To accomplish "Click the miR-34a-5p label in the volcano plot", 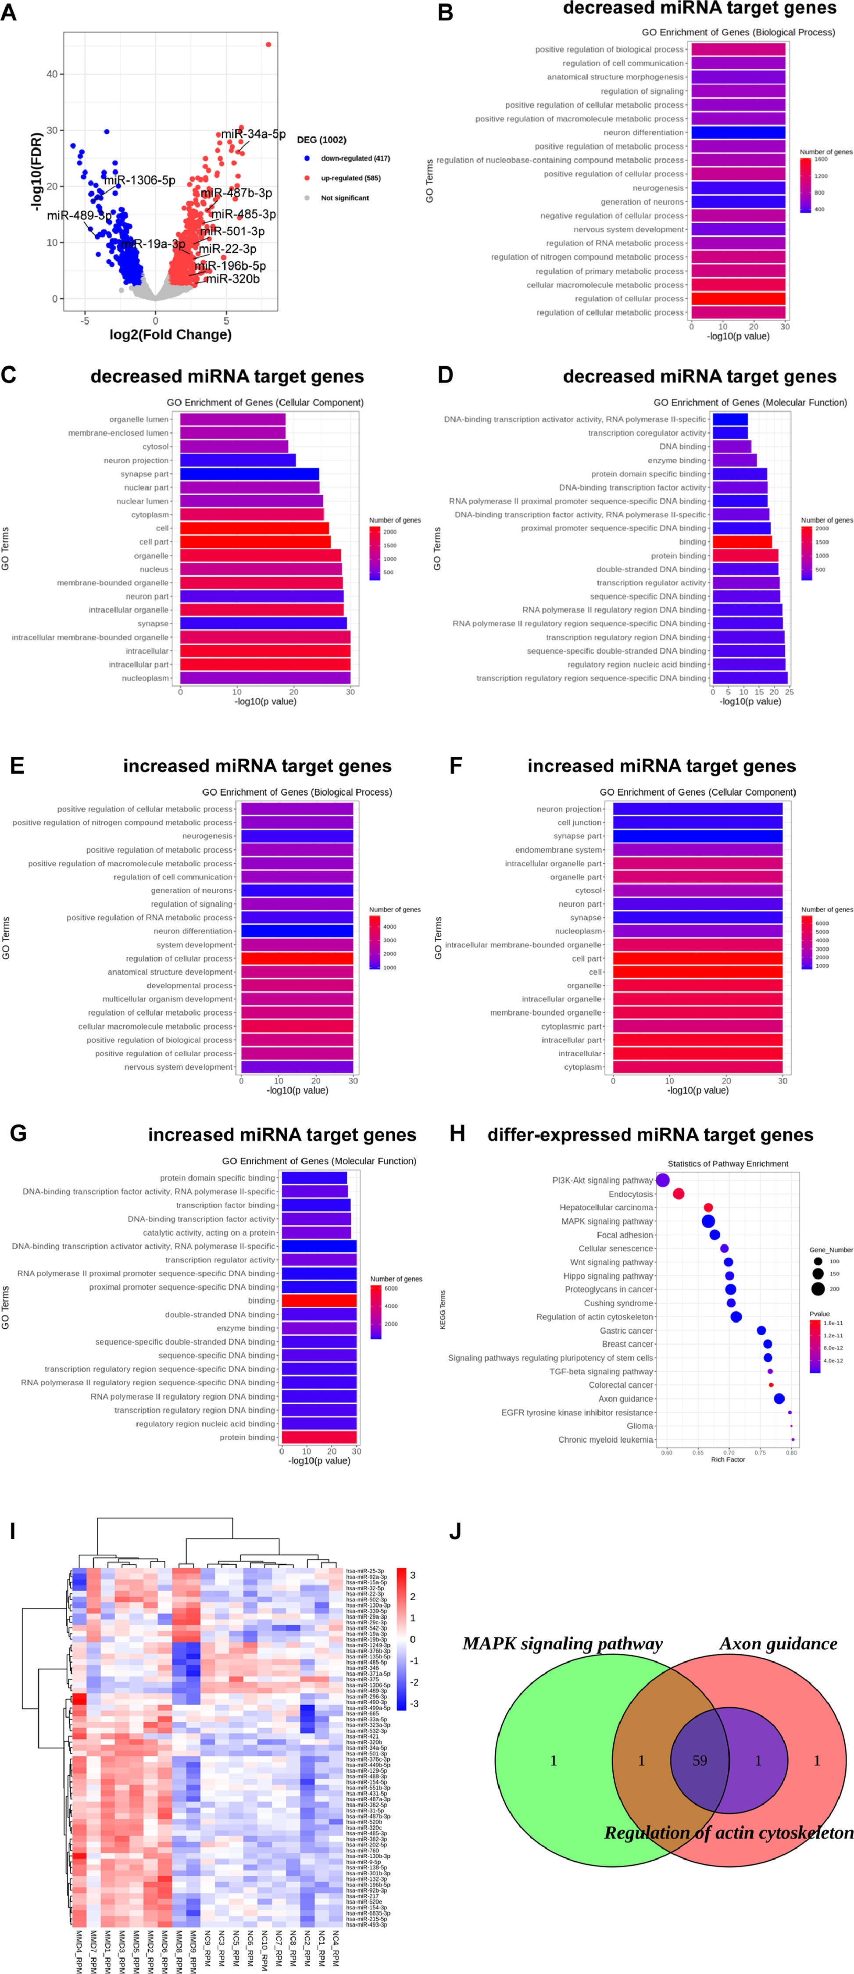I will (x=254, y=134).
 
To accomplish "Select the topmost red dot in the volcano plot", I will (x=268, y=44).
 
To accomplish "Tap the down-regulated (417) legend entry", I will (x=354, y=159).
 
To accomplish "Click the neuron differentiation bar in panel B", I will (x=738, y=132).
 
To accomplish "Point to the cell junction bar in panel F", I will (x=697, y=822).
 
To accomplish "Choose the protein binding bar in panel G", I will (x=318, y=1437).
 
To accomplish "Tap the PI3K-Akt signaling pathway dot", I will (x=662, y=1180).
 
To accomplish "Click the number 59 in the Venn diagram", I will (x=699, y=1761).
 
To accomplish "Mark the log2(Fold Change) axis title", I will (x=170, y=335).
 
